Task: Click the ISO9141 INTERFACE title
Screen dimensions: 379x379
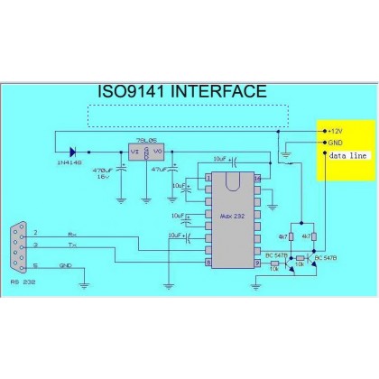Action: click(180, 92)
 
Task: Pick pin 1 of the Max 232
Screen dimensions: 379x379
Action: click(208, 178)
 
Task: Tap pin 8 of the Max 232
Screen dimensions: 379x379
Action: click(208, 263)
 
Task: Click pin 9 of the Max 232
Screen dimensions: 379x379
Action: click(258, 263)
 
